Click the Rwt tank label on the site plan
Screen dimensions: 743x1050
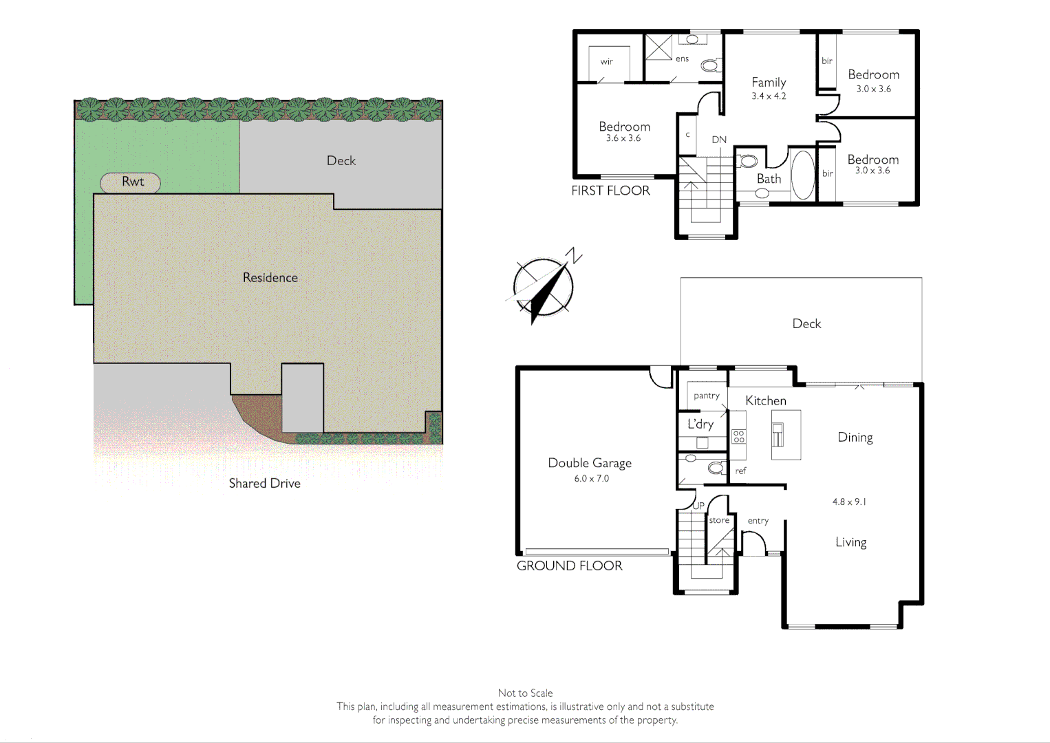132,182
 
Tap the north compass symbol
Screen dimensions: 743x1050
544,286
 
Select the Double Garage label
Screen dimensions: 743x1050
590,463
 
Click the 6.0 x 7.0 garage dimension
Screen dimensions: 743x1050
592,479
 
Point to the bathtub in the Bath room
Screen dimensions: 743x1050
802,175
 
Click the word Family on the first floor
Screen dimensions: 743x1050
769,83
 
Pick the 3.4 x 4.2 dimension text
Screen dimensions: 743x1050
769,96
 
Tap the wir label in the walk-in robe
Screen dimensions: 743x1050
606,62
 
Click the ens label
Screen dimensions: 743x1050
682,59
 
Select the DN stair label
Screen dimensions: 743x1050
719,140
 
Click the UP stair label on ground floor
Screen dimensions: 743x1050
698,506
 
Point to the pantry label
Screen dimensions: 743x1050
707,396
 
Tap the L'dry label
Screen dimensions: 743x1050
700,424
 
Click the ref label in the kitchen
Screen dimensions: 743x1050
740,471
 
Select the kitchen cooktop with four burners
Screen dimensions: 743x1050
739,436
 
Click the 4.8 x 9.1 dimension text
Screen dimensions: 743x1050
849,502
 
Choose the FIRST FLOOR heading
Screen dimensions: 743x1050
610,191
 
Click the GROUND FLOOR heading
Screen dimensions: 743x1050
569,566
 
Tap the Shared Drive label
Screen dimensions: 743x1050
264,484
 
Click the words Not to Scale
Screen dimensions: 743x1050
525,693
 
